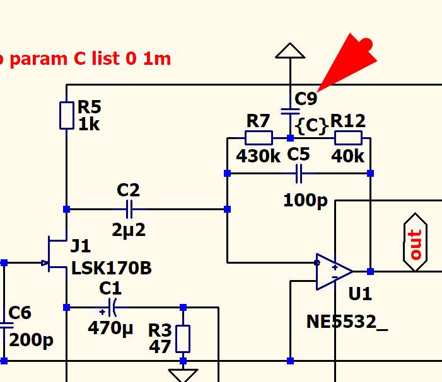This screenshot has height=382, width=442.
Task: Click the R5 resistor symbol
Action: click(x=67, y=116)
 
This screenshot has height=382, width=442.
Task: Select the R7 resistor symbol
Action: click(x=259, y=138)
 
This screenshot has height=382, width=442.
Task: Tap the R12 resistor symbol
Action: click(x=347, y=138)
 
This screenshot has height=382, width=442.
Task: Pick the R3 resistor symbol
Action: click(x=183, y=339)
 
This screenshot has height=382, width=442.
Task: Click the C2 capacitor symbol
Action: click(x=129, y=209)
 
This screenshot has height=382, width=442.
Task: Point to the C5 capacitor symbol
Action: click(x=299, y=173)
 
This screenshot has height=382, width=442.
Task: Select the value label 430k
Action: click(x=259, y=156)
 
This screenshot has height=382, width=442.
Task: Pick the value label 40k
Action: click(x=347, y=156)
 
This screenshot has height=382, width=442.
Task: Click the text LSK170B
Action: click(x=111, y=268)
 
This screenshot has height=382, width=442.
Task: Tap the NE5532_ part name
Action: click(x=347, y=322)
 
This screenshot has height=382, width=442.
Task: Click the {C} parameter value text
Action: click(x=313, y=125)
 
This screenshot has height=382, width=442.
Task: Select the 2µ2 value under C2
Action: click(x=129, y=230)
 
